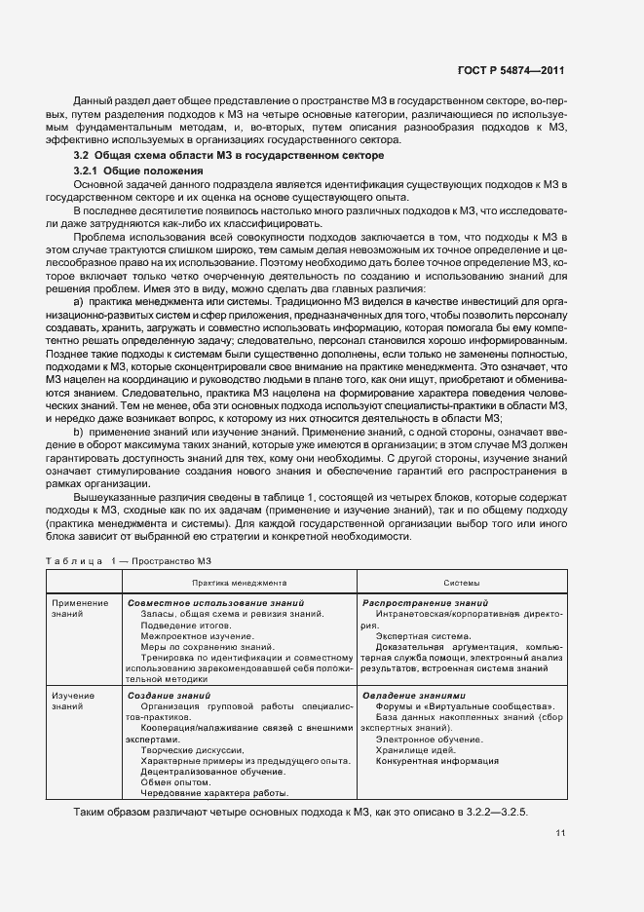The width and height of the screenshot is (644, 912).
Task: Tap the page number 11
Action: pyautogui.click(x=560, y=832)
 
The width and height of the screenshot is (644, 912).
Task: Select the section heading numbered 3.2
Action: pyautogui.click(x=229, y=156)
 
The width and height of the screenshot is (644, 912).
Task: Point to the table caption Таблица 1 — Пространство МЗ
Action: pyautogui.click(x=129, y=559)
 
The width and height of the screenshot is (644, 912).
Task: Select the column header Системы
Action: pyautogui.click(x=461, y=582)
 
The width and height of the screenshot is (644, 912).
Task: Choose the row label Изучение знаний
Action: pyautogui.click(x=74, y=702)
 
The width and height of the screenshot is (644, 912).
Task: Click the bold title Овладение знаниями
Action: pyautogui.click(x=414, y=695)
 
